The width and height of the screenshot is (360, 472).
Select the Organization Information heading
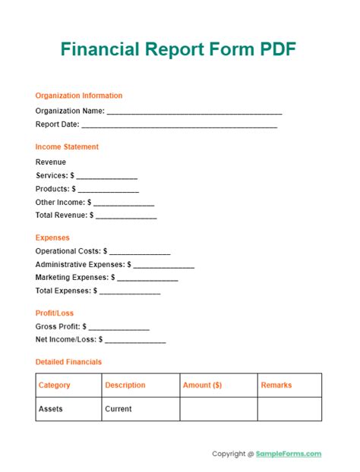coord(79,96)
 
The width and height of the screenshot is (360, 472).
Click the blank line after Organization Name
coord(194,112)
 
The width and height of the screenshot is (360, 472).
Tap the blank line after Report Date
coord(179,125)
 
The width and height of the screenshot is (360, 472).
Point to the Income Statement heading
coord(67,146)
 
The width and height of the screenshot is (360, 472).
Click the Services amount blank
coord(106,177)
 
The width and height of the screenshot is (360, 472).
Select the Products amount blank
coord(108,190)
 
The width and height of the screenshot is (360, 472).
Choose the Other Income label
coord(60,203)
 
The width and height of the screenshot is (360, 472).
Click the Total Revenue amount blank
coord(126,216)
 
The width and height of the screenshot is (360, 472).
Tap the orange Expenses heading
coord(52,238)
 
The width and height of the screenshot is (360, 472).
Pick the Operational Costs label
coord(68,250)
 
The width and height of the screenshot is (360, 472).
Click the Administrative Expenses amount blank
coord(164,266)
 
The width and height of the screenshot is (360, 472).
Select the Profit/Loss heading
coord(55,313)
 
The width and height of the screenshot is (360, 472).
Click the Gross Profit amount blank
coord(119,328)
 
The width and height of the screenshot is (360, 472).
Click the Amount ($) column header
coord(202,385)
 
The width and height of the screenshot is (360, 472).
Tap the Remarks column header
coord(276,385)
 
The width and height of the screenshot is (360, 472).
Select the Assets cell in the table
coord(51,409)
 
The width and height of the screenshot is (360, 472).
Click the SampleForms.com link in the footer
coord(289,454)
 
